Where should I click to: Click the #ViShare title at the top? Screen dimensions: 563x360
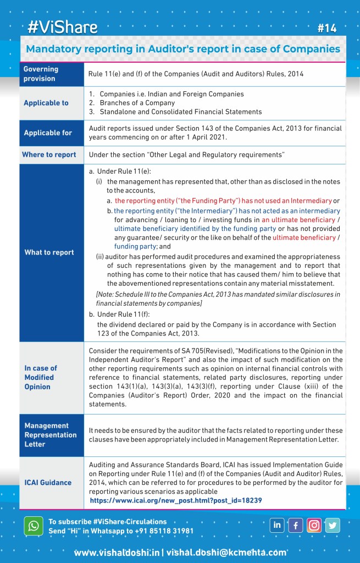tap(63, 27)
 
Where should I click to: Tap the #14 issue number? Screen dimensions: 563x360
tap(327, 28)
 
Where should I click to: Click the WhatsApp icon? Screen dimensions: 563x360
tap(34, 526)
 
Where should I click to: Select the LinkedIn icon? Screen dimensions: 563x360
tap(277, 525)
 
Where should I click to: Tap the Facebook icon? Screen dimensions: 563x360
tap(296, 525)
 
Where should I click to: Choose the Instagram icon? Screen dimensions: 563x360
tap(314, 525)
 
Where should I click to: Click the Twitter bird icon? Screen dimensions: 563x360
tap(333, 525)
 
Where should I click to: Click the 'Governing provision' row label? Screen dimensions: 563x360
tap(41, 74)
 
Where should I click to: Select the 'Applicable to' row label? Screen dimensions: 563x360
tap(46, 103)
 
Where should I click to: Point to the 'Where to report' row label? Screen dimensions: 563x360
tap(49, 154)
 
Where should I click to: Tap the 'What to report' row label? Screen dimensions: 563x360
tap(49, 252)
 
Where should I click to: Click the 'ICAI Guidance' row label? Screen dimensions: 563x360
tap(48, 482)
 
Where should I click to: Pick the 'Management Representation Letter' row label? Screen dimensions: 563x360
tap(50, 434)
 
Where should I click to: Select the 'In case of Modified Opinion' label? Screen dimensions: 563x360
tap(41, 377)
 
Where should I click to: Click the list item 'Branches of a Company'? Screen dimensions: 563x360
tap(137, 103)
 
